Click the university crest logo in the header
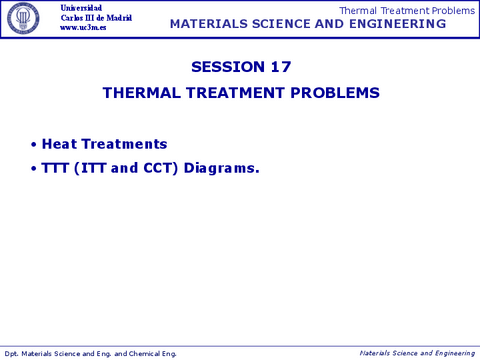[x=24, y=17]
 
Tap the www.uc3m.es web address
[x=84, y=28]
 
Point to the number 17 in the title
[x=280, y=67]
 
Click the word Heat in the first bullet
[x=59, y=144]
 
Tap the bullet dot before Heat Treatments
[x=34, y=145]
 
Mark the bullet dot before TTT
[x=34, y=169]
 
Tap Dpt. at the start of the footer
[x=12, y=353]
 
